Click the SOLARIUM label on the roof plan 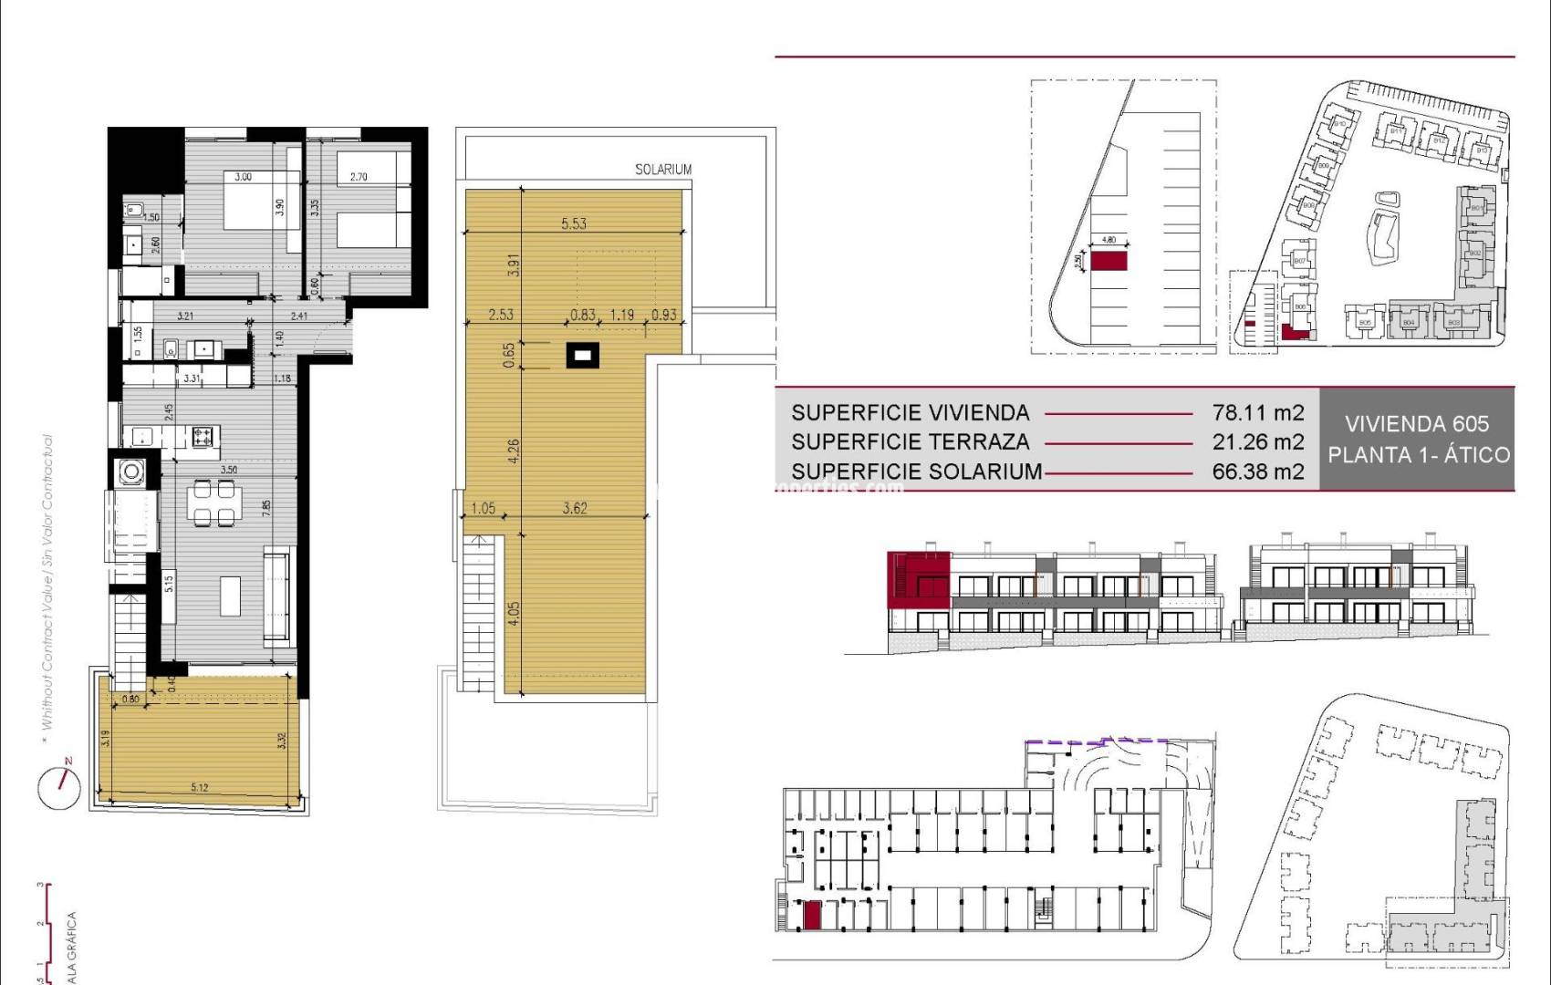[663, 170]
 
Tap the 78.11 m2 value [1258, 412]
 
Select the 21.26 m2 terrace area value [1258, 442]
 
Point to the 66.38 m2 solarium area [1258, 472]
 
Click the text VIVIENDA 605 [1417, 424]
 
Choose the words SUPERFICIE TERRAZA [910, 442]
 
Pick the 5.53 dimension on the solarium [574, 223]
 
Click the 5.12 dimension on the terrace [199, 787]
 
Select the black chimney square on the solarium [581, 354]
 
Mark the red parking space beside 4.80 [1109, 262]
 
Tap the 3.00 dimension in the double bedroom [243, 177]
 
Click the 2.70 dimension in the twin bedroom [359, 177]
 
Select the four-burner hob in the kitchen [202, 437]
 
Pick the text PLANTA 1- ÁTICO [1418, 455]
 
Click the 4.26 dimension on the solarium [514, 450]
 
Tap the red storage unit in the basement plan [811, 915]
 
